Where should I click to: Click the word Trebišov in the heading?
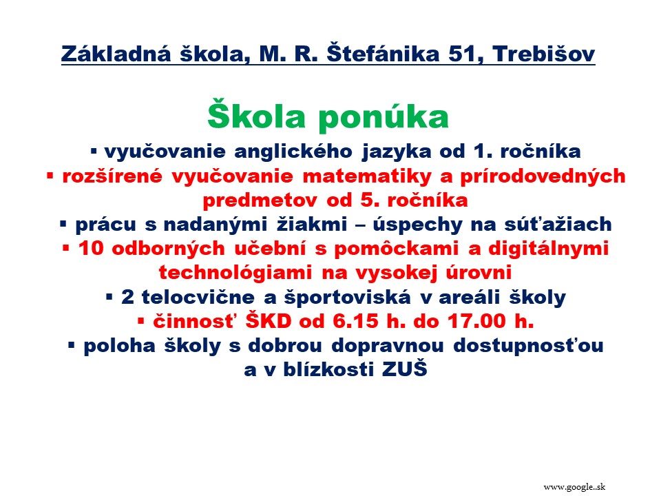coord(543,54)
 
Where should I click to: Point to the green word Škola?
coord(256,114)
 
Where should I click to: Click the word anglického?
coord(293,152)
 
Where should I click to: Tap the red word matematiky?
coord(367,176)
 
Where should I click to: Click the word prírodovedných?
coord(543,176)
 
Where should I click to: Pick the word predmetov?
coord(260,200)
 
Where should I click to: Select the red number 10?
coord(91,248)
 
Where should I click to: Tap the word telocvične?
coord(198,297)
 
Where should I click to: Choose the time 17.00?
coord(476,321)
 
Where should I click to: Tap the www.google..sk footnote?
coord(574,487)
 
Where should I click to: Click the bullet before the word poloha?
coord(71,346)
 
